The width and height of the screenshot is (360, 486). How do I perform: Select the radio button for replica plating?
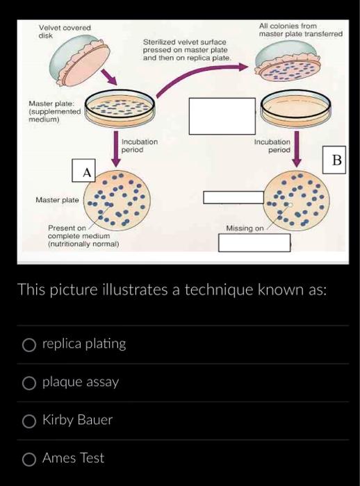click(x=29, y=344)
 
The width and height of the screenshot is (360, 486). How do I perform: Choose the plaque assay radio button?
click(x=29, y=383)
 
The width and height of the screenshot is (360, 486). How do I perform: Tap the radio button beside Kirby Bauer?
click(x=29, y=421)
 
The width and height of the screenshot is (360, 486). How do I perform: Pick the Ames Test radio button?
click(x=29, y=458)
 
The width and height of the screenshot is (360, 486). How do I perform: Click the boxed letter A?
click(x=87, y=171)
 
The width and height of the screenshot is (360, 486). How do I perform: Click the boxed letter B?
click(x=337, y=160)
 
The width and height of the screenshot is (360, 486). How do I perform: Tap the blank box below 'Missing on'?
click(x=254, y=243)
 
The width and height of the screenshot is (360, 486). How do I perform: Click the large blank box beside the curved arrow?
click(x=218, y=116)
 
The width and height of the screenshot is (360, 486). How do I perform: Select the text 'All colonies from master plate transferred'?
click(x=300, y=30)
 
